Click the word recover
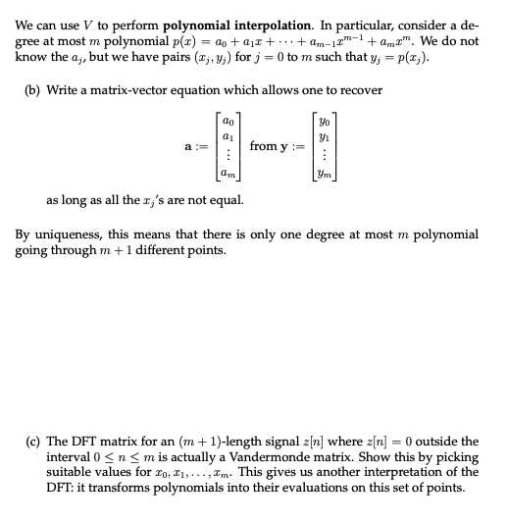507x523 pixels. tap(360, 91)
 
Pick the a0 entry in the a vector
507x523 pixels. tap(228, 115)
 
